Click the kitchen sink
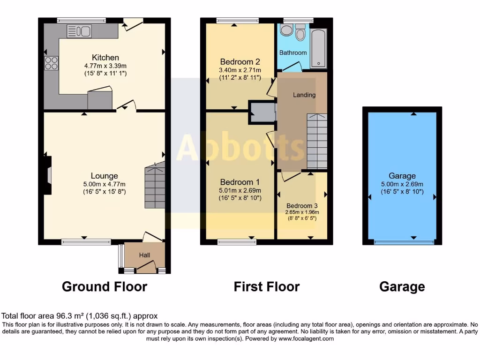pyautogui.click(x=79, y=31)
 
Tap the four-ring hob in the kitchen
pyautogui.click(x=51, y=63)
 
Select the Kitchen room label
pyautogui.click(x=105, y=58)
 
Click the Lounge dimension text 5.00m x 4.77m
pyautogui.click(x=105, y=184)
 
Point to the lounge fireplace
pyautogui.click(x=47, y=175)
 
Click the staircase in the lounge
pyautogui.click(x=155, y=186)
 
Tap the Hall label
pyautogui.click(x=144, y=255)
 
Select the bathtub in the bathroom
pyautogui.click(x=319, y=48)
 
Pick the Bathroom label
pyautogui.click(x=293, y=53)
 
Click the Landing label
pyautogui.click(x=304, y=95)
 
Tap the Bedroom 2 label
pyautogui.click(x=240, y=62)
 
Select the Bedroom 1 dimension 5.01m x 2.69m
pyautogui.click(x=240, y=190)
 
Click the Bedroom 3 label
pyautogui.click(x=302, y=206)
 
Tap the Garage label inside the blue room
pyautogui.click(x=402, y=177)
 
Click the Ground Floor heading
pyautogui.click(x=105, y=286)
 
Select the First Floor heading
pyautogui.click(x=267, y=286)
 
